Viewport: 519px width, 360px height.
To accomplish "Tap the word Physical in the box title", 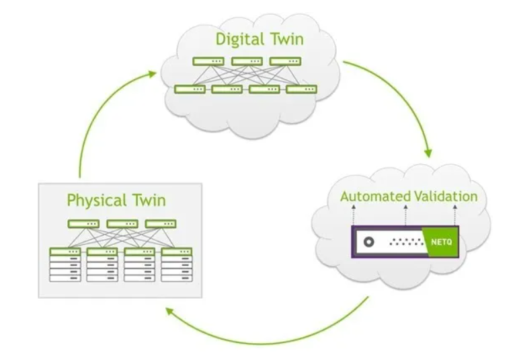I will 95,200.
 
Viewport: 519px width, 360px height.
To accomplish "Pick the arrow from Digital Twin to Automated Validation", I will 403,101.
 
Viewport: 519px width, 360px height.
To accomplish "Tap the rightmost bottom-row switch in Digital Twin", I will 301,89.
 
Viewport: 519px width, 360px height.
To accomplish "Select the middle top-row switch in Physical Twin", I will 122,223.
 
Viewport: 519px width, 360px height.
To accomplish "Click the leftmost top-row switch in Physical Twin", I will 83,223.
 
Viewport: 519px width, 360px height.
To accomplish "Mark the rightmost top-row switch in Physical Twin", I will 160,223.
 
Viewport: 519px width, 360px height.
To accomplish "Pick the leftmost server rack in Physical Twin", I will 65,264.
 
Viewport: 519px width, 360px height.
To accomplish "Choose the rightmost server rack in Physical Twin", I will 177,264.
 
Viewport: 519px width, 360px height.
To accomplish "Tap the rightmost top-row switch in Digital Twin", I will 285,61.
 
